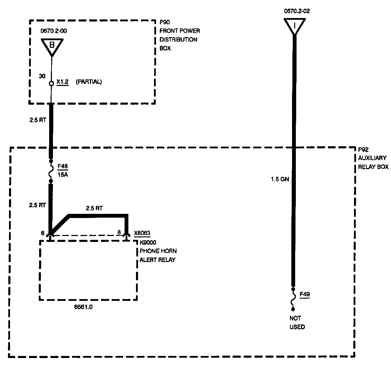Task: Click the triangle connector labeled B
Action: point(52,45)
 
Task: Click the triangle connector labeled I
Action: point(294,25)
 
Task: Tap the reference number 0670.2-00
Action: point(54,31)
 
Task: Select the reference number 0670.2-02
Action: point(297,11)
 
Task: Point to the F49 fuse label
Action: point(304,295)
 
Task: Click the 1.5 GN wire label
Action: point(280,179)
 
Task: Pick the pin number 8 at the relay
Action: point(119,233)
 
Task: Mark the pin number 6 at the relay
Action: point(43,233)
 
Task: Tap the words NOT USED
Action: point(297,322)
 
